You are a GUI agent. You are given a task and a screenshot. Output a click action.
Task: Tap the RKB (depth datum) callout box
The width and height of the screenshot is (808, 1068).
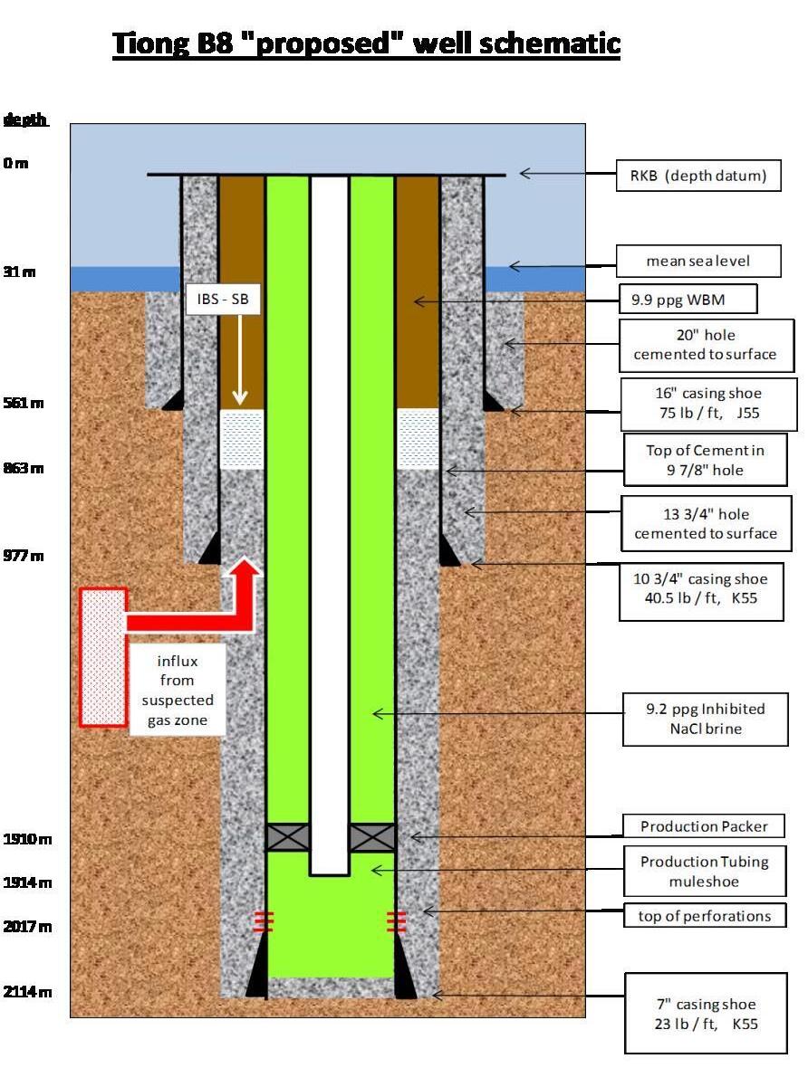tap(705, 176)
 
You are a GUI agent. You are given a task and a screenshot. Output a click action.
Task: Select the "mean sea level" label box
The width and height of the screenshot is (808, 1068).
tap(698, 262)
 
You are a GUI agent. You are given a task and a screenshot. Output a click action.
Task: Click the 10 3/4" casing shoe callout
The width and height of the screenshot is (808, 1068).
tap(701, 588)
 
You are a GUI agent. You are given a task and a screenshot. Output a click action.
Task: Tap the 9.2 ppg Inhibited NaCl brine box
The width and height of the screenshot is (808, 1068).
tap(705, 720)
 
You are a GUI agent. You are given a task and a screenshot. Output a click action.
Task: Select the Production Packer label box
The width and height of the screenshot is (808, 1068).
tap(703, 826)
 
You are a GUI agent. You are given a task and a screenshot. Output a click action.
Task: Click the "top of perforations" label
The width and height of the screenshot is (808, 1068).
tap(704, 916)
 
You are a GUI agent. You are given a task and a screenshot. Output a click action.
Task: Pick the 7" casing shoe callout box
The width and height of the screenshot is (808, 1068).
tap(706, 1014)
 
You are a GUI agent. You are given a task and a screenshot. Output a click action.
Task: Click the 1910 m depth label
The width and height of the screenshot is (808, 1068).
tap(28, 839)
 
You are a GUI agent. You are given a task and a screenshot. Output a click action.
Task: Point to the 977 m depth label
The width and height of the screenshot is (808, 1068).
tap(24, 556)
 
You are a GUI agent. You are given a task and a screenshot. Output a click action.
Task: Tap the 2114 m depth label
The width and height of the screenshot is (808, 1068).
tap(28, 991)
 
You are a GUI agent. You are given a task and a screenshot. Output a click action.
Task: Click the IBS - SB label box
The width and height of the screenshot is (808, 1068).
tap(223, 297)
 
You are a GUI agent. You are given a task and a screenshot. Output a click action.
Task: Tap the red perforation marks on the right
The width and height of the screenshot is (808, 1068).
tap(395, 922)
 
